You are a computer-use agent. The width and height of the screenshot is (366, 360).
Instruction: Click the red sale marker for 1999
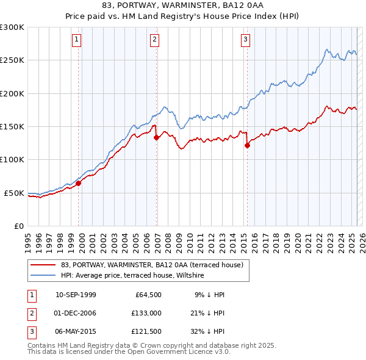click(79, 183)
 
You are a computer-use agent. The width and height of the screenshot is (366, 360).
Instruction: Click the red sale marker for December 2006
click(157, 138)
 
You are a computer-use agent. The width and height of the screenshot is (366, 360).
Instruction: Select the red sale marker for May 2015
click(248, 145)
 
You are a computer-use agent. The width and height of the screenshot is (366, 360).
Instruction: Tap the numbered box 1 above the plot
click(77, 40)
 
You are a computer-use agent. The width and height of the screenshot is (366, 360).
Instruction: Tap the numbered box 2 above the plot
click(155, 40)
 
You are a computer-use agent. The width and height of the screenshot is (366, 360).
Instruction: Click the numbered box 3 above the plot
click(245, 40)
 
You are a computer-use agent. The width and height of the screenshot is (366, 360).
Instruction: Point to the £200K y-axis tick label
click(12, 93)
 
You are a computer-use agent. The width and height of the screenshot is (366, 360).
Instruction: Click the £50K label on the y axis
click(14, 193)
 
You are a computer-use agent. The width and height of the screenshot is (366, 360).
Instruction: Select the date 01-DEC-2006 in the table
click(76, 313)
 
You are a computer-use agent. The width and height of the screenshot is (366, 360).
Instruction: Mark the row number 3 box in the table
click(31, 332)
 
